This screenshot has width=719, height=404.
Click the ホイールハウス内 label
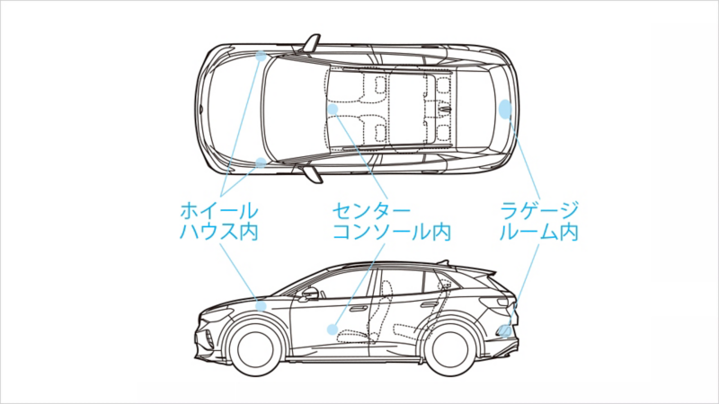pyautogui.click(x=219, y=221)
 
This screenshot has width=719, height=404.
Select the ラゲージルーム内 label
pyautogui.click(x=539, y=221)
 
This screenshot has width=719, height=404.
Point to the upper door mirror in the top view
pyautogui.click(x=311, y=42)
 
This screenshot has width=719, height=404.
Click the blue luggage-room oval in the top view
pyautogui.click(x=505, y=109)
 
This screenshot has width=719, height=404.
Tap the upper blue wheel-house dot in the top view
pyautogui.click(x=261, y=56)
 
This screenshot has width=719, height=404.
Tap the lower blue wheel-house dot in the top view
pyautogui.click(x=261, y=162)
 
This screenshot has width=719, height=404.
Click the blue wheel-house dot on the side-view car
pyautogui.click(x=261, y=305)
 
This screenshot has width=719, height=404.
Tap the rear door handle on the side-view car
pyautogui.click(x=438, y=300)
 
